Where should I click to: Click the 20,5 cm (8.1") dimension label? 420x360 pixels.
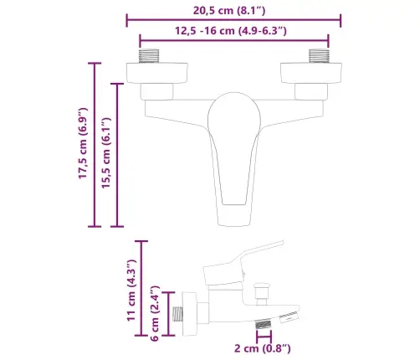pos(233,9)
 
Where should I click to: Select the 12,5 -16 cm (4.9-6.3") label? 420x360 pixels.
pos(233,31)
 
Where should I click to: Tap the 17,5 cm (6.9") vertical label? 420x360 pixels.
pos(82,145)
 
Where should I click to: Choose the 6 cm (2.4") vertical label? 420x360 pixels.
pos(156,316)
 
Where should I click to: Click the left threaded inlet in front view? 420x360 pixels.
pos(149,57)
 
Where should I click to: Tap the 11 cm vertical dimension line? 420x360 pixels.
pos(145,289)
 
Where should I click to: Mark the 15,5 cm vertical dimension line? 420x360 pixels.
pos(118,155)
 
